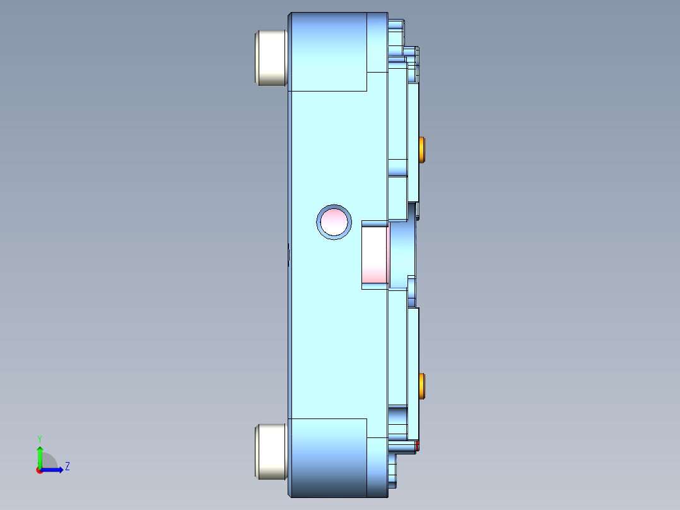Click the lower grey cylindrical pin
271,451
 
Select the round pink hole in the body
334,222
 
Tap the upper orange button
422,149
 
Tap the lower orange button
422,386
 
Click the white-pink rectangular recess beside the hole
375,255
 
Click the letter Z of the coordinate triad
67,467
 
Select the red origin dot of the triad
39,470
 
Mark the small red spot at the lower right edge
417,446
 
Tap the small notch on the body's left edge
289,256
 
